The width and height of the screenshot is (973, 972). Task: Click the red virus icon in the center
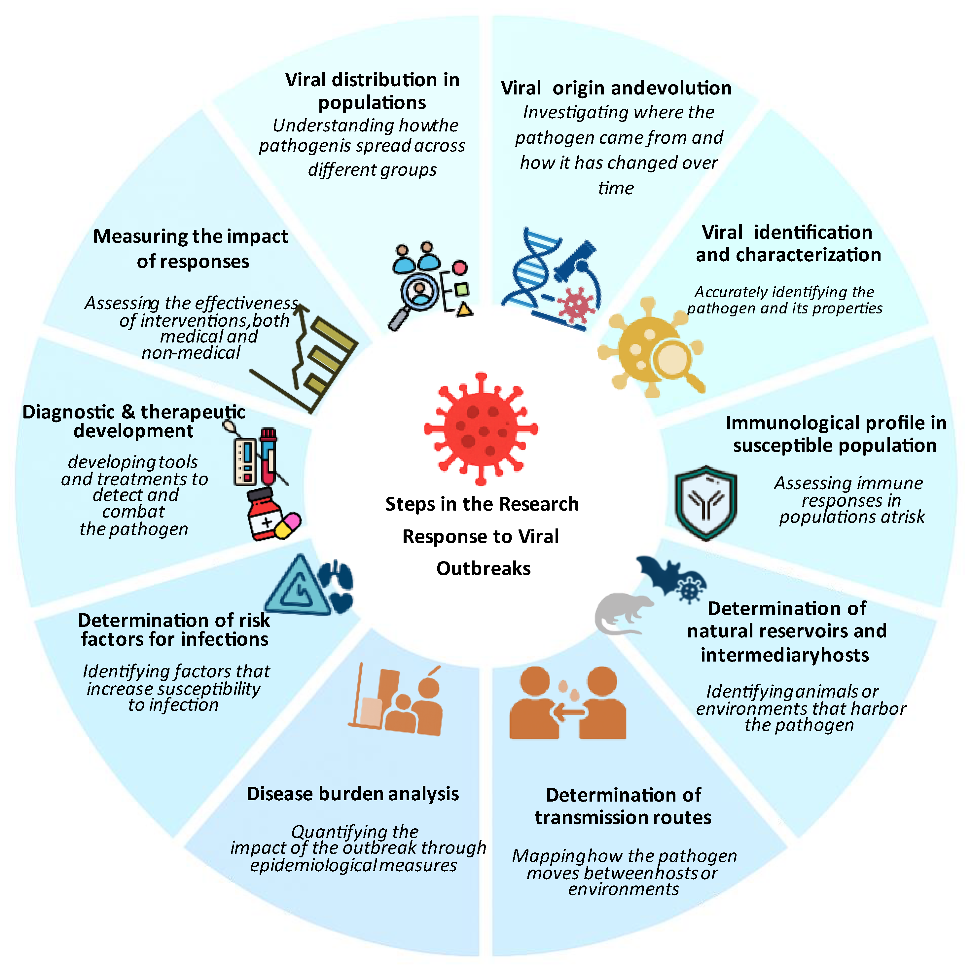[x=481, y=429]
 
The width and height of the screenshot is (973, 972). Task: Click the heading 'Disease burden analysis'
[x=352, y=794]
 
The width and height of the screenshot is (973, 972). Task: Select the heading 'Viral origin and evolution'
[x=615, y=88]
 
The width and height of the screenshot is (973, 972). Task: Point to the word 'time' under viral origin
[x=615, y=188]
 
